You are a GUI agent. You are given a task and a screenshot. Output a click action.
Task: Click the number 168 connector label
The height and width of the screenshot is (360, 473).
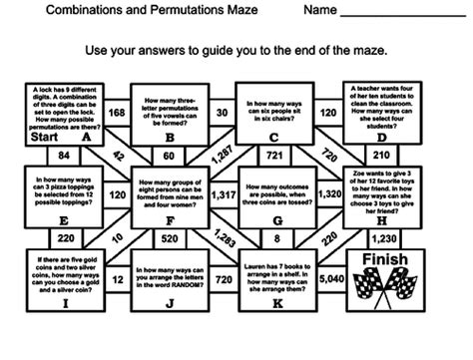[117, 114]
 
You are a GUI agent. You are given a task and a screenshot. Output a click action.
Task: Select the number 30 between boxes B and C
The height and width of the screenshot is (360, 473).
[222, 114]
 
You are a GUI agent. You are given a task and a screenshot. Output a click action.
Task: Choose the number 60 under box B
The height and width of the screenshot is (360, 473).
[169, 156]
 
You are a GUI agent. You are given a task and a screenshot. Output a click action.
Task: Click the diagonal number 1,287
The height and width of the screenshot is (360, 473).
[224, 155]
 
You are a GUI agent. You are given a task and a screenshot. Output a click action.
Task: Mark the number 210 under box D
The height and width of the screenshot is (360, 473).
[380, 156]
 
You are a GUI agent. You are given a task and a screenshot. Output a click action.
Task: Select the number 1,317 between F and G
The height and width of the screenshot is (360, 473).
[225, 195]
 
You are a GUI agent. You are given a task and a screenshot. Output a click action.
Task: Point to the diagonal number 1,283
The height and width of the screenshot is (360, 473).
[224, 239]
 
